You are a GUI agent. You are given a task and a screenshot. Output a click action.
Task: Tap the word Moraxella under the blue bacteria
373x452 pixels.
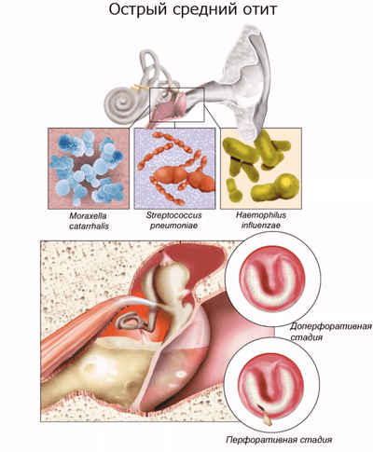(89, 216)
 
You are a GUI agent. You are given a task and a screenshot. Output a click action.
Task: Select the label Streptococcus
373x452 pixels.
(174, 215)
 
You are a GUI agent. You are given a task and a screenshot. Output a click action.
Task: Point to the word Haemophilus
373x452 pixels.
(261, 215)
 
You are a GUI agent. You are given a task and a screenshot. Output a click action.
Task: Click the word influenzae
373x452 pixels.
(261, 225)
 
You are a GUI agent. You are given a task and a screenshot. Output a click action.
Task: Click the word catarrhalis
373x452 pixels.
(89, 226)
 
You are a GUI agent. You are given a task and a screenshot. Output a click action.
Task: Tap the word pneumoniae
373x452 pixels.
(173, 226)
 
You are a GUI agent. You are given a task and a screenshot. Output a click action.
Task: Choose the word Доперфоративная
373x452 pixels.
(331, 327)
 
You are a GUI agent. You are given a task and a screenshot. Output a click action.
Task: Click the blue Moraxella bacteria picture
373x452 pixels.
(89, 169)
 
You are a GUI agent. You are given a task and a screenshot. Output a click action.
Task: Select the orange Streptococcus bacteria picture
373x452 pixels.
(174, 169)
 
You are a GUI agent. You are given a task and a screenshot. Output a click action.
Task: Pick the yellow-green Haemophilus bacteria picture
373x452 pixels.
(261, 169)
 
